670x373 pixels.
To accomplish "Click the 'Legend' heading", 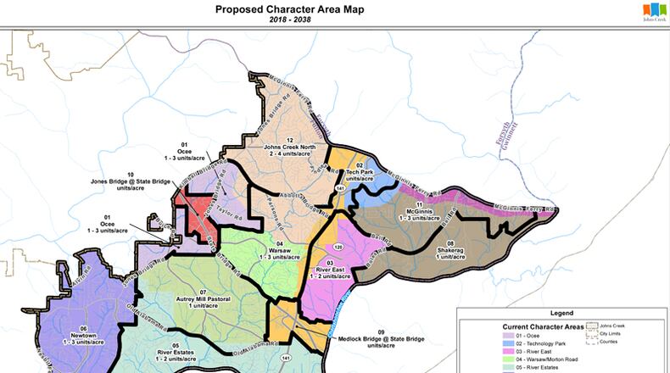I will click(561, 313).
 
